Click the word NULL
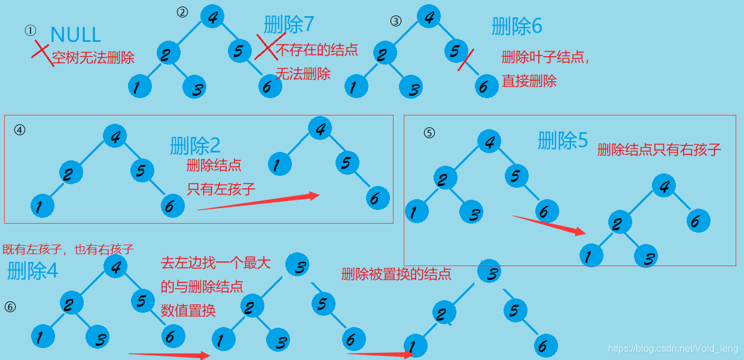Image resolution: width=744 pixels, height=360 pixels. coord(76,35)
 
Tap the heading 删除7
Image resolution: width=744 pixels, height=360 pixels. coord(289,24)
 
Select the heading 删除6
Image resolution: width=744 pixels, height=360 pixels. coord(517,26)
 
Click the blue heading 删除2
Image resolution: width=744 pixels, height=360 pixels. coord(195,145)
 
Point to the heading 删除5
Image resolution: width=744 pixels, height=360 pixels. coord(563,141)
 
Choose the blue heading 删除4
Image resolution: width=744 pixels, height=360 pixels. coord(32,271)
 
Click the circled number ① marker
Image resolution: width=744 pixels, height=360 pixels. coord(31,30)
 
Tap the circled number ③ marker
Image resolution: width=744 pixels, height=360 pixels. coord(395,21)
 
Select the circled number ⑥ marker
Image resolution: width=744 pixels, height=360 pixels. coord(10,307)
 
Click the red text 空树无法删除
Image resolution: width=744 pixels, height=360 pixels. coord(93,58)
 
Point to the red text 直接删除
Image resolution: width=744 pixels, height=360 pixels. coord(529,81)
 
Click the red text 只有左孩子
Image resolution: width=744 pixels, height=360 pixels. coord(221,190)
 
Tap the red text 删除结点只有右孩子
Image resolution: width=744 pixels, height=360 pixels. coord(659,150)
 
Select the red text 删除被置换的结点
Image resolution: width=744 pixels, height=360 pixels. coord(396,274)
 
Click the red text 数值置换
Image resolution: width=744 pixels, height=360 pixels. coord(188,310)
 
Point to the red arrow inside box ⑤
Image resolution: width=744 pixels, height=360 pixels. coord(549,225)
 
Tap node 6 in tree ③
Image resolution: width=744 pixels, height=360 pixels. coord(483,87)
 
